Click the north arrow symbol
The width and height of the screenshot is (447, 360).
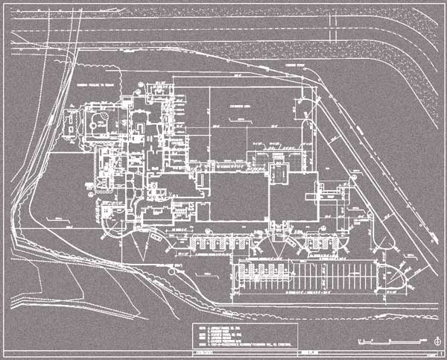(x=436, y=341)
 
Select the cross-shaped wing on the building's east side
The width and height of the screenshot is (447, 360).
(x=329, y=192)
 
